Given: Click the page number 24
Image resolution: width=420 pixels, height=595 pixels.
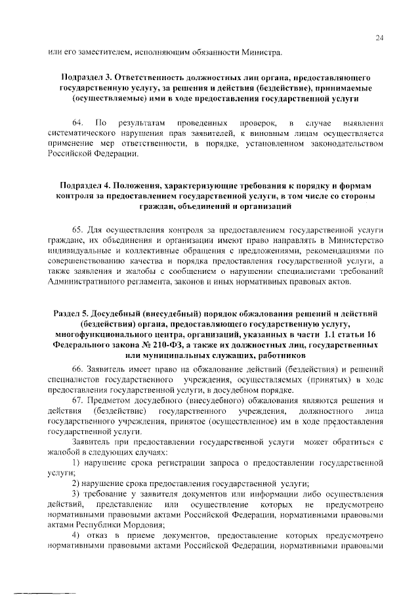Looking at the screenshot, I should pos(379,38).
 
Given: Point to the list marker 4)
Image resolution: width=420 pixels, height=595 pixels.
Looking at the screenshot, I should pos(77,518).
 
